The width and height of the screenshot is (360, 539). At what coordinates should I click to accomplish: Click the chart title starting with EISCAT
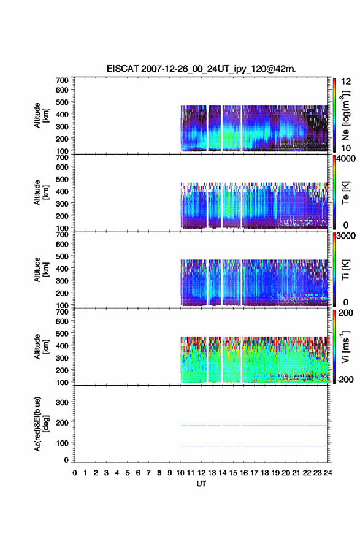(201, 69)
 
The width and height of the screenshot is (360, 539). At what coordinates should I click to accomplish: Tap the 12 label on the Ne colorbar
(346, 82)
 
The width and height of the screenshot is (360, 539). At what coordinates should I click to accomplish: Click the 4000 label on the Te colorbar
(347, 159)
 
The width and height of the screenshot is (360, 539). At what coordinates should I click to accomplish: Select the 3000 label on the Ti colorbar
(347, 236)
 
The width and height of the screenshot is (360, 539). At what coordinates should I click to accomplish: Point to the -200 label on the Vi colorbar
(345, 380)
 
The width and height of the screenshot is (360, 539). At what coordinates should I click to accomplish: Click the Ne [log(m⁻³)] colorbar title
(345, 115)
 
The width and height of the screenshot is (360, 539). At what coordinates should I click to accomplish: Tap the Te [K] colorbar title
(345, 193)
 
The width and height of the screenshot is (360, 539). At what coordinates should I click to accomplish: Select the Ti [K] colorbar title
(345, 270)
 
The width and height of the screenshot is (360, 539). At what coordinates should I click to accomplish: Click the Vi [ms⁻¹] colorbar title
(345, 346)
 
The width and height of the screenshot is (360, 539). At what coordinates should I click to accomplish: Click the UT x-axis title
(202, 484)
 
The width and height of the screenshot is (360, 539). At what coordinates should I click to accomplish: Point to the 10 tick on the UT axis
(180, 473)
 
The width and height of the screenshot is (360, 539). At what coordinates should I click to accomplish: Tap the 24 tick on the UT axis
(328, 473)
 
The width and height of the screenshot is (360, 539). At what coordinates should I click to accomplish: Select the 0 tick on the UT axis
(75, 473)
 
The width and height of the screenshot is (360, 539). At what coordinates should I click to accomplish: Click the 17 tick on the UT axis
(254, 473)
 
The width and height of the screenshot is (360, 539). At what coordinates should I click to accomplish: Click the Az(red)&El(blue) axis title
(42, 424)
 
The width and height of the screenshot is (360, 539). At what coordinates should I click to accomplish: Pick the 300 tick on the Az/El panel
(62, 402)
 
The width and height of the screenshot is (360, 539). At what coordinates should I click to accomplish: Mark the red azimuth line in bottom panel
(255, 426)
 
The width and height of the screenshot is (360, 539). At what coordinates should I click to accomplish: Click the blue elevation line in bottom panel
(255, 446)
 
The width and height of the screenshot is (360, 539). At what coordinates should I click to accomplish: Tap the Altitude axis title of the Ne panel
(42, 115)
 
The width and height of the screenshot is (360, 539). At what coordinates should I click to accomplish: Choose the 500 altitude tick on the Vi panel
(62, 333)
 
